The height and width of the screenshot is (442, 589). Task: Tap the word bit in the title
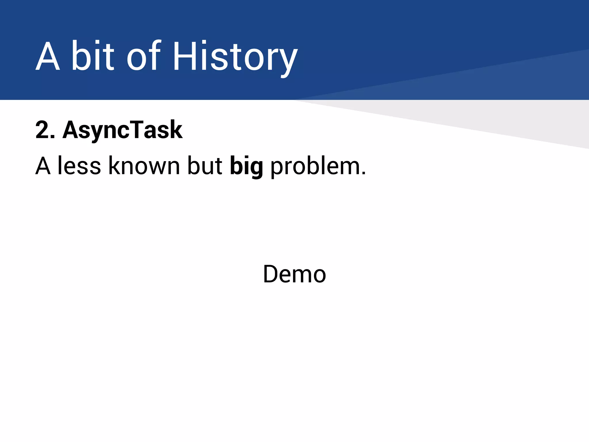coord(93,56)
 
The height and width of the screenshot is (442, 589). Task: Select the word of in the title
coord(143,56)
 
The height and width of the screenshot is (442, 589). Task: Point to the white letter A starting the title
coord(48,56)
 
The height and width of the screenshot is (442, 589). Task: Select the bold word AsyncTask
coord(123,130)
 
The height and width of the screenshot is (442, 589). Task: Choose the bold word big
coord(246,166)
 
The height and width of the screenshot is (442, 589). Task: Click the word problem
coord(315,166)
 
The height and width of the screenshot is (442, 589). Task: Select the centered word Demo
coord(294,274)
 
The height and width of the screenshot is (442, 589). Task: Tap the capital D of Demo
coord(272,274)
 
